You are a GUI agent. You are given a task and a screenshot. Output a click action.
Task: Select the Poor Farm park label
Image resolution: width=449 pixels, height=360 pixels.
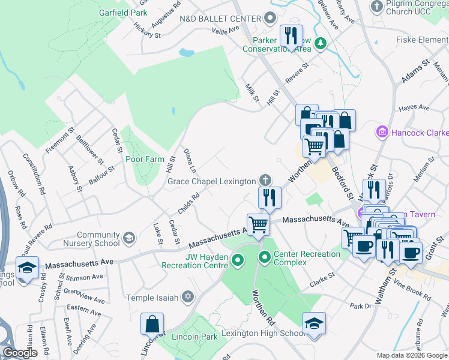pos(144,160)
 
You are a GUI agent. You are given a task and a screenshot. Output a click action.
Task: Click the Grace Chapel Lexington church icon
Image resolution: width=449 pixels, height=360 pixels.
pos(264,180)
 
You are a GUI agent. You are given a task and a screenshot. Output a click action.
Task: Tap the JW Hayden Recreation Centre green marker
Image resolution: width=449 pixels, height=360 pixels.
pos(238,260)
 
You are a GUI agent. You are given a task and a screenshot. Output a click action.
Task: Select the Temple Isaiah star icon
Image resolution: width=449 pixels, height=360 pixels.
pos(188,296)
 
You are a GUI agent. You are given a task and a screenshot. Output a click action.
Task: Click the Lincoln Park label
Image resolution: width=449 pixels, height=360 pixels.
pos(194,337)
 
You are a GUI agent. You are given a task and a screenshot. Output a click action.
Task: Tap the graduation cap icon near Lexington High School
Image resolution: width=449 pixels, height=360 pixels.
pos(314,324)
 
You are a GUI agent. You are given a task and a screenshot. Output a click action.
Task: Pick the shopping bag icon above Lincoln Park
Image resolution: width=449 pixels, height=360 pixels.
pos(152,323)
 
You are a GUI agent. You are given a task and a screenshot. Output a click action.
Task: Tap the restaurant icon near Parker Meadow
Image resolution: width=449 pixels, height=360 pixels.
pos(292,36)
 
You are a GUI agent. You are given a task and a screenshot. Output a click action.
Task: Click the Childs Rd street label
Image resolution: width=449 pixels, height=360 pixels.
pos(188,203)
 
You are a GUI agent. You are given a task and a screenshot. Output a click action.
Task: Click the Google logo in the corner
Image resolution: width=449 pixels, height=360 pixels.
pos(20,353)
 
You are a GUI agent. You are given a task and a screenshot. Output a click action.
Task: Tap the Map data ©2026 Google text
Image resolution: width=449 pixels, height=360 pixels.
pos(412,355)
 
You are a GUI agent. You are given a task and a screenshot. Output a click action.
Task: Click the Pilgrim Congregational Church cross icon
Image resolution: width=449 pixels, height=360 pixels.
pos(377,7)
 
